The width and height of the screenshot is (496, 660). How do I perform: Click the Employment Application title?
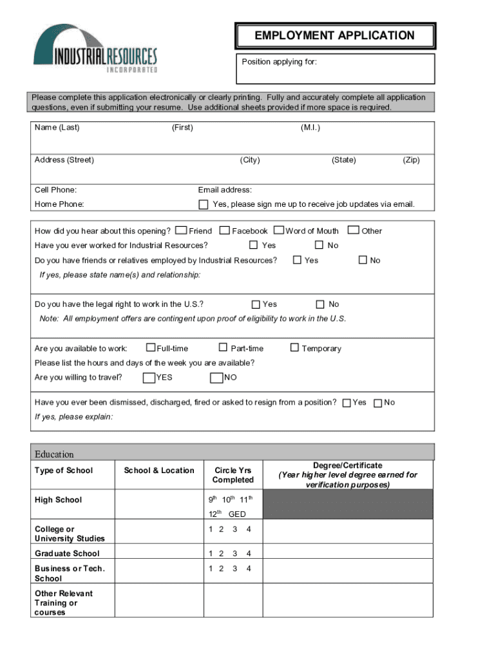coord(334,35)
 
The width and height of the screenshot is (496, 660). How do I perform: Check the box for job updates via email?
coord(202,204)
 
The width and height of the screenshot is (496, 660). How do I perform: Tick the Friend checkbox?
coord(181,230)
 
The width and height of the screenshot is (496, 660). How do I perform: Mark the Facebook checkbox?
coord(225,230)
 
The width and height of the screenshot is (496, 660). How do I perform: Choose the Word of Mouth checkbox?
coord(279,230)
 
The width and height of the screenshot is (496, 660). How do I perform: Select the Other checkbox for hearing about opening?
coord(354,230)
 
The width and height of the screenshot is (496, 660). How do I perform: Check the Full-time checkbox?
coord(151,348)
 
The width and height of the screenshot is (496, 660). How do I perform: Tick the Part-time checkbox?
coord(223,348)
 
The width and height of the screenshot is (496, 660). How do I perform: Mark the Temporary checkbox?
coord(294,348)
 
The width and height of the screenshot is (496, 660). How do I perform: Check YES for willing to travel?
coord(149,378)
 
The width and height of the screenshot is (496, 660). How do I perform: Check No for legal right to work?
coord(320,304)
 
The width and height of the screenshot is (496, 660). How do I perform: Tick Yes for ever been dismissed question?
coord(347,403)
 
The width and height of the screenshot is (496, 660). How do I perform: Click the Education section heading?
coord(54,454)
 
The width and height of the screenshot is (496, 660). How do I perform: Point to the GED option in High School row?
coord(237,514)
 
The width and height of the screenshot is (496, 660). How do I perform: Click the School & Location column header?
coord(159,471)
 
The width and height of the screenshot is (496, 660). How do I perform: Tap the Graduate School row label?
coord(67,554)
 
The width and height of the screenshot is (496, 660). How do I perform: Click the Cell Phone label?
coord(55,190)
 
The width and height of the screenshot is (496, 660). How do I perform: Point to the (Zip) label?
coord(411,160)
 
